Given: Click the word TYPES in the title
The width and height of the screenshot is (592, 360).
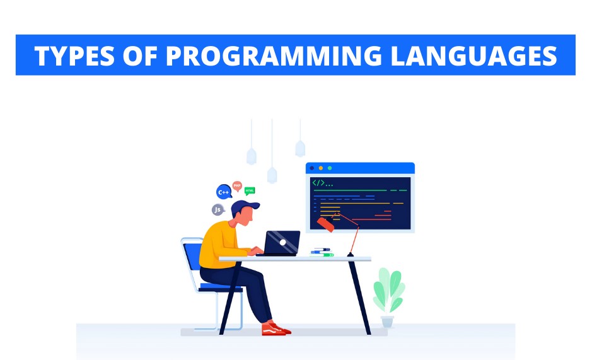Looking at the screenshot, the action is pos(74,56).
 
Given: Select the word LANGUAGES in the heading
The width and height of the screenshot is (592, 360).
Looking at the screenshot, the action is pos(474,56).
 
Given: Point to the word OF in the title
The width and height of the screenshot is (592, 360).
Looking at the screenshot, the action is pos(140,56).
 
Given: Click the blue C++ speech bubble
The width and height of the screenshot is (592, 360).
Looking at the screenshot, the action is pos(224,192).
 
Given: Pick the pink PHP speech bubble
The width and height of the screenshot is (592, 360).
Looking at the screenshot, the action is pos(237,186).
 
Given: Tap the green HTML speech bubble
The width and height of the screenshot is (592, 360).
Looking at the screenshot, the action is pos(250,191).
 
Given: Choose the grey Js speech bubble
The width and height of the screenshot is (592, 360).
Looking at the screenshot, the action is pos(218,210).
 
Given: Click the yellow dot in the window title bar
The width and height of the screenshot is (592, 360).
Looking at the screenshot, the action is pos(320,168).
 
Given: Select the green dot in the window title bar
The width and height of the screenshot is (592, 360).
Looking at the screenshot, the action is pos(330,168).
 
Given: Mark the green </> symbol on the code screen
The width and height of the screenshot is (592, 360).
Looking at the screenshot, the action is pos(318,183).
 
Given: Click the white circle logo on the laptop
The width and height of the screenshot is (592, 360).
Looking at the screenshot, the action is pos(283,243).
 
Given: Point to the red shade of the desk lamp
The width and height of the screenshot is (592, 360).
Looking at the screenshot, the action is pos(325,224).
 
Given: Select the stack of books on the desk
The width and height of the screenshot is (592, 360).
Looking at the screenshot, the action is pos(322,252).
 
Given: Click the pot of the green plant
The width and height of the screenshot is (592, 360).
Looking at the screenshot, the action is pos(387,322).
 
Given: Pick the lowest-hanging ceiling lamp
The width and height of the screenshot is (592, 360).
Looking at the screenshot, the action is pos(272,175).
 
